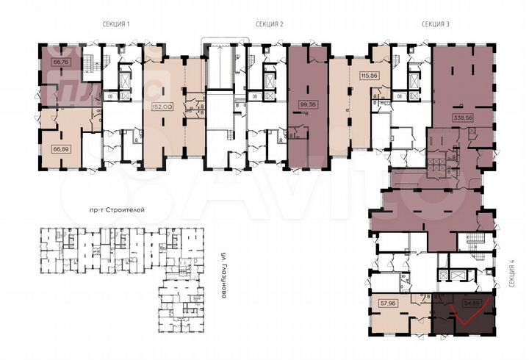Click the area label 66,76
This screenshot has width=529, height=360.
pos(60,62)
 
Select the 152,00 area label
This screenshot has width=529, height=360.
pos(162,106)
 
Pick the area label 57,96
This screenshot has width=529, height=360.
pos(389,302)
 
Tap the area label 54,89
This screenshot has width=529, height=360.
pos(470,302)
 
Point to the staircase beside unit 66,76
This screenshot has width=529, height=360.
pos(88,67)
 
